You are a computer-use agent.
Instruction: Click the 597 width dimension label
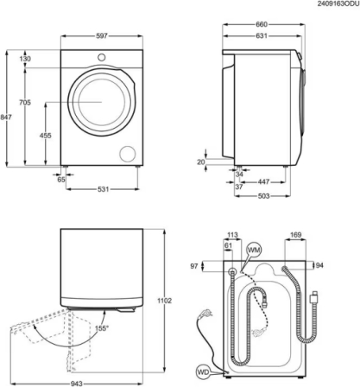102,36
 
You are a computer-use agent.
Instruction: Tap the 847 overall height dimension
6,117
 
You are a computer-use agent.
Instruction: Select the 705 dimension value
25,102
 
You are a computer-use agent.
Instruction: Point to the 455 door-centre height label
46,135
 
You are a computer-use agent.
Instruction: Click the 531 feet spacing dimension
103,189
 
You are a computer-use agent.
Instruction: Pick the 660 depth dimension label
262,24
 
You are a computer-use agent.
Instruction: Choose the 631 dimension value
262,35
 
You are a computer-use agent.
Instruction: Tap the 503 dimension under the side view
263,196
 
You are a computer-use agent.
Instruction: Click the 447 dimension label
263,181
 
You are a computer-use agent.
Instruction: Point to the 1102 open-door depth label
165,301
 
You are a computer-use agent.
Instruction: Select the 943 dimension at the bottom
77,384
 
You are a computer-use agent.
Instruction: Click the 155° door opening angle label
102,328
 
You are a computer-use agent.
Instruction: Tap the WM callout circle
254,250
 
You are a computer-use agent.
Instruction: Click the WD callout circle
203,371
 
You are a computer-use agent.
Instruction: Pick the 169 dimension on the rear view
295,235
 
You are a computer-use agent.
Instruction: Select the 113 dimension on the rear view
232,235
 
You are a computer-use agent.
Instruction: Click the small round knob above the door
101,57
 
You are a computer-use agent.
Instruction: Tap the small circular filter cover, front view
128,154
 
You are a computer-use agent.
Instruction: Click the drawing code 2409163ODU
338,3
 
